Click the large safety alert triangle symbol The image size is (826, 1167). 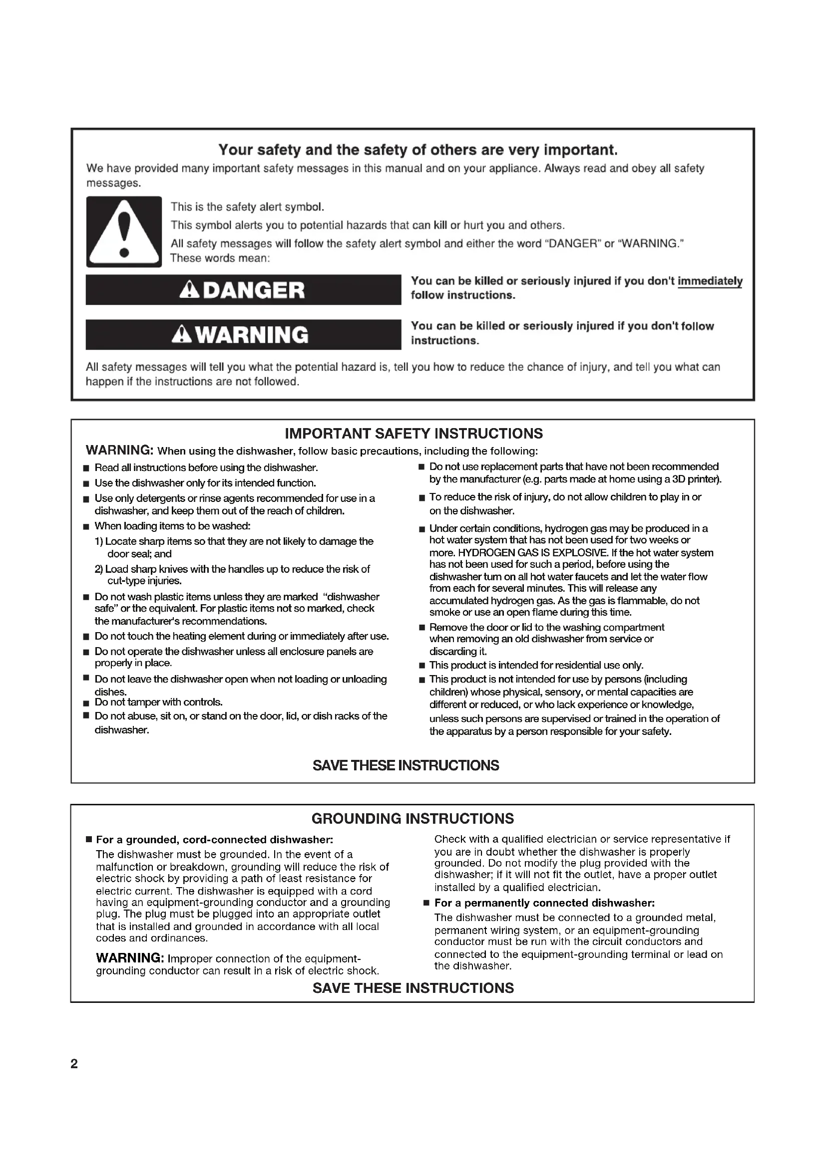[123, 232]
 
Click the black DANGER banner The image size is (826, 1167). [243, 290]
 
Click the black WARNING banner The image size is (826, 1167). [243, 334]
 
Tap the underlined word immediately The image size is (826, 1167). [710, 281]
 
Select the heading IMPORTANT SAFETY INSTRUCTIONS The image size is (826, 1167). [413, 434]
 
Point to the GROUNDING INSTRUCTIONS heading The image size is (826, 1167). [413, 818]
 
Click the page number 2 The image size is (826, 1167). [74, 1063]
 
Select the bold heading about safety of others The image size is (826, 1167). [418, 150]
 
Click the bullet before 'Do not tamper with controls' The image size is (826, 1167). [86, 703]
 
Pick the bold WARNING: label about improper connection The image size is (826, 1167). [130, 958]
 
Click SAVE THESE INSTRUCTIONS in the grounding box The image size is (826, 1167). [413, 987]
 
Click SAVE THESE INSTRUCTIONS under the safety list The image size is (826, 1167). [406, 765]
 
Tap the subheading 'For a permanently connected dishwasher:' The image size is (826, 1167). [544, 903]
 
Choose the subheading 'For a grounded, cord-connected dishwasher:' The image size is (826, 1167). [214, 839]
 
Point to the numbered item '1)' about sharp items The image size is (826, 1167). [99, 541]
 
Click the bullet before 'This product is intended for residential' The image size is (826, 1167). [421, 666]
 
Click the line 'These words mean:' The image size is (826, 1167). [220, 258]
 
